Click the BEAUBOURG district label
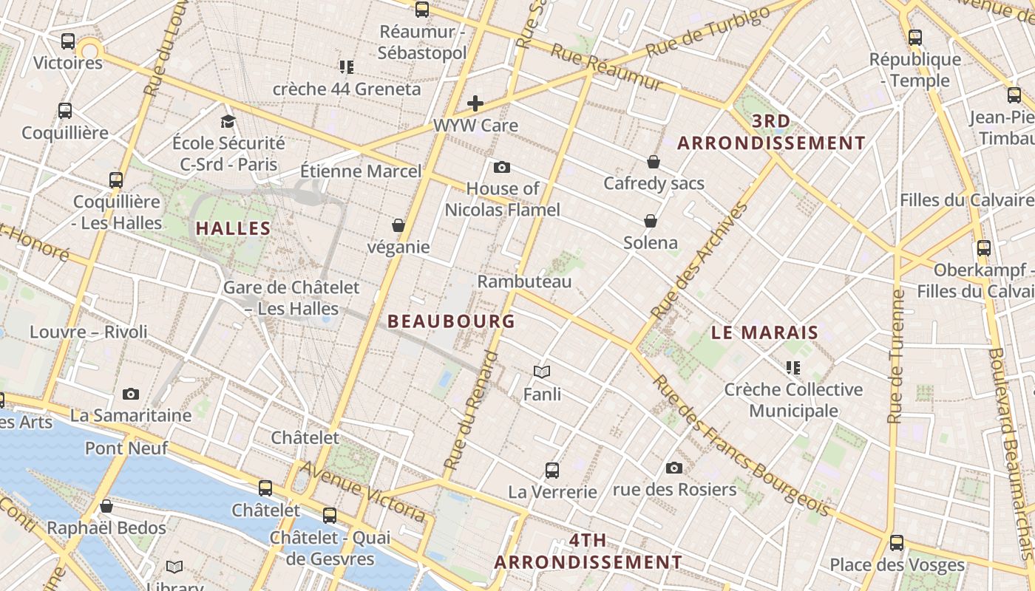451,321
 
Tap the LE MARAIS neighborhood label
764,332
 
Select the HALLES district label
234,228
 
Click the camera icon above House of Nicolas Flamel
502,167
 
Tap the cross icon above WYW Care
475,103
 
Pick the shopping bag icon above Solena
651,221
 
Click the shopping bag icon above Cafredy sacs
654,161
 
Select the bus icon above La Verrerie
552,470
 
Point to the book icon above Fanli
542,372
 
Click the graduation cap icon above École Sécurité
228,121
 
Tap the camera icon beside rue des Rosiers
673,468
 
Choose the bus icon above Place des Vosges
897,543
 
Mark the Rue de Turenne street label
897,356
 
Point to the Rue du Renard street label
470,411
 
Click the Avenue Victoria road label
362,491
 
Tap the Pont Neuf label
126,448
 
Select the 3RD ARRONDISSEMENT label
771,132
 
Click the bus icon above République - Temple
915,37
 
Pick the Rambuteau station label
524,281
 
